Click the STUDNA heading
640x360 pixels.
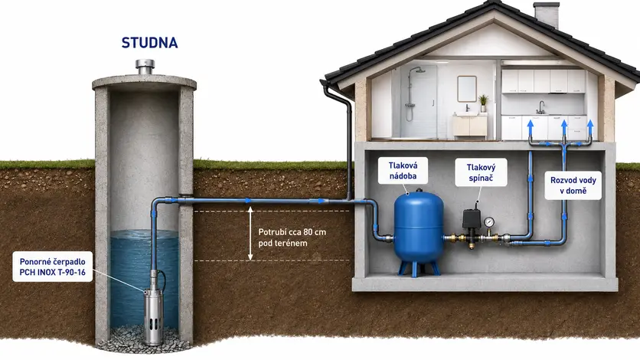pyautogui.click(x=149, y=43)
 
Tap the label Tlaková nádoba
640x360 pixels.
pyautogui.click(x=403, y=171)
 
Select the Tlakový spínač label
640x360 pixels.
pyautogui.click(x=481, y=172)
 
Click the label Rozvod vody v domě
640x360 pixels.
pyautogui.click(x=573, y=185)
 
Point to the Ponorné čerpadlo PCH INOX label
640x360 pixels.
pyautogui.click(x=53, y=267)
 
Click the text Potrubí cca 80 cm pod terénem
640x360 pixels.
pyautogui.click(x=292, y=237)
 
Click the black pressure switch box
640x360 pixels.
pyautogui.click(x=472, y=219)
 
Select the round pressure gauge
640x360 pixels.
pyautogui.click(x=489, y=222)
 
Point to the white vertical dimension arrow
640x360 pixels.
pyautogui.click(x=250, y=234)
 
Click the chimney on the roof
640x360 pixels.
pyautogui.click(x=546, y=15)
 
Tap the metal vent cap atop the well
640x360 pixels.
pyautogui.click(x=145, y=67)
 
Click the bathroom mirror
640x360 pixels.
pyautogui.click(x=467, y=88)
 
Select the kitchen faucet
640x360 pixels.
pyautogui.click(x=540, y=107)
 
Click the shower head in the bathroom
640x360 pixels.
pyautogui.click(x=418, y=70)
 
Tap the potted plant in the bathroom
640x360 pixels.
pyautogui.click(x=483, y=103)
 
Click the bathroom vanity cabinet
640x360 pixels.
pyautogui.click(x=470, y=126)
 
